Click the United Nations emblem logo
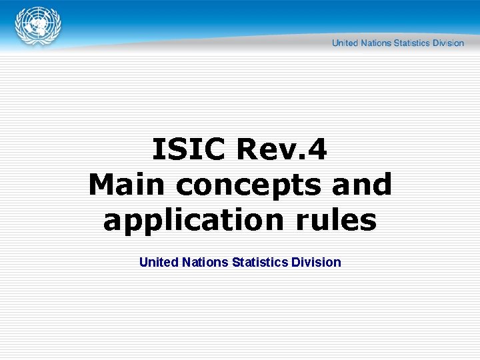click(x=38, y=27)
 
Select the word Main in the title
click(x=123, y=184)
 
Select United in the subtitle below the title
click(x=159, y=262)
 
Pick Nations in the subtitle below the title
click(x=205, y=262)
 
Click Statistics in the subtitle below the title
click(x=260, y=262)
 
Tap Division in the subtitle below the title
click(x=316, y=262)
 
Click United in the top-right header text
click(x=345, y=43)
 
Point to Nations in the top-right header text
click(x=375, y=43)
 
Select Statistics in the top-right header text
click(x=412, y=43)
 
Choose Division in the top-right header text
click(x=448, y=43)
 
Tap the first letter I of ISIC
click(x=157, y=149)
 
